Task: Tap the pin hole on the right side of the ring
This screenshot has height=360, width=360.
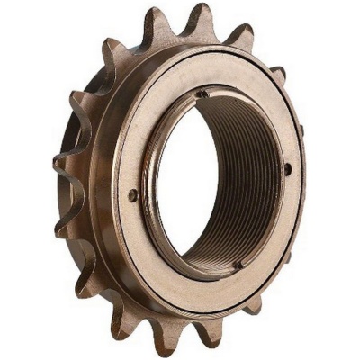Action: [288, 168]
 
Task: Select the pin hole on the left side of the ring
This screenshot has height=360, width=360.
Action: [133, 194]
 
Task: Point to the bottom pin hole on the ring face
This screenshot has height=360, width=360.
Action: [238, 265]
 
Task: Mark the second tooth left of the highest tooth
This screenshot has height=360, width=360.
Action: [112, 45]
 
